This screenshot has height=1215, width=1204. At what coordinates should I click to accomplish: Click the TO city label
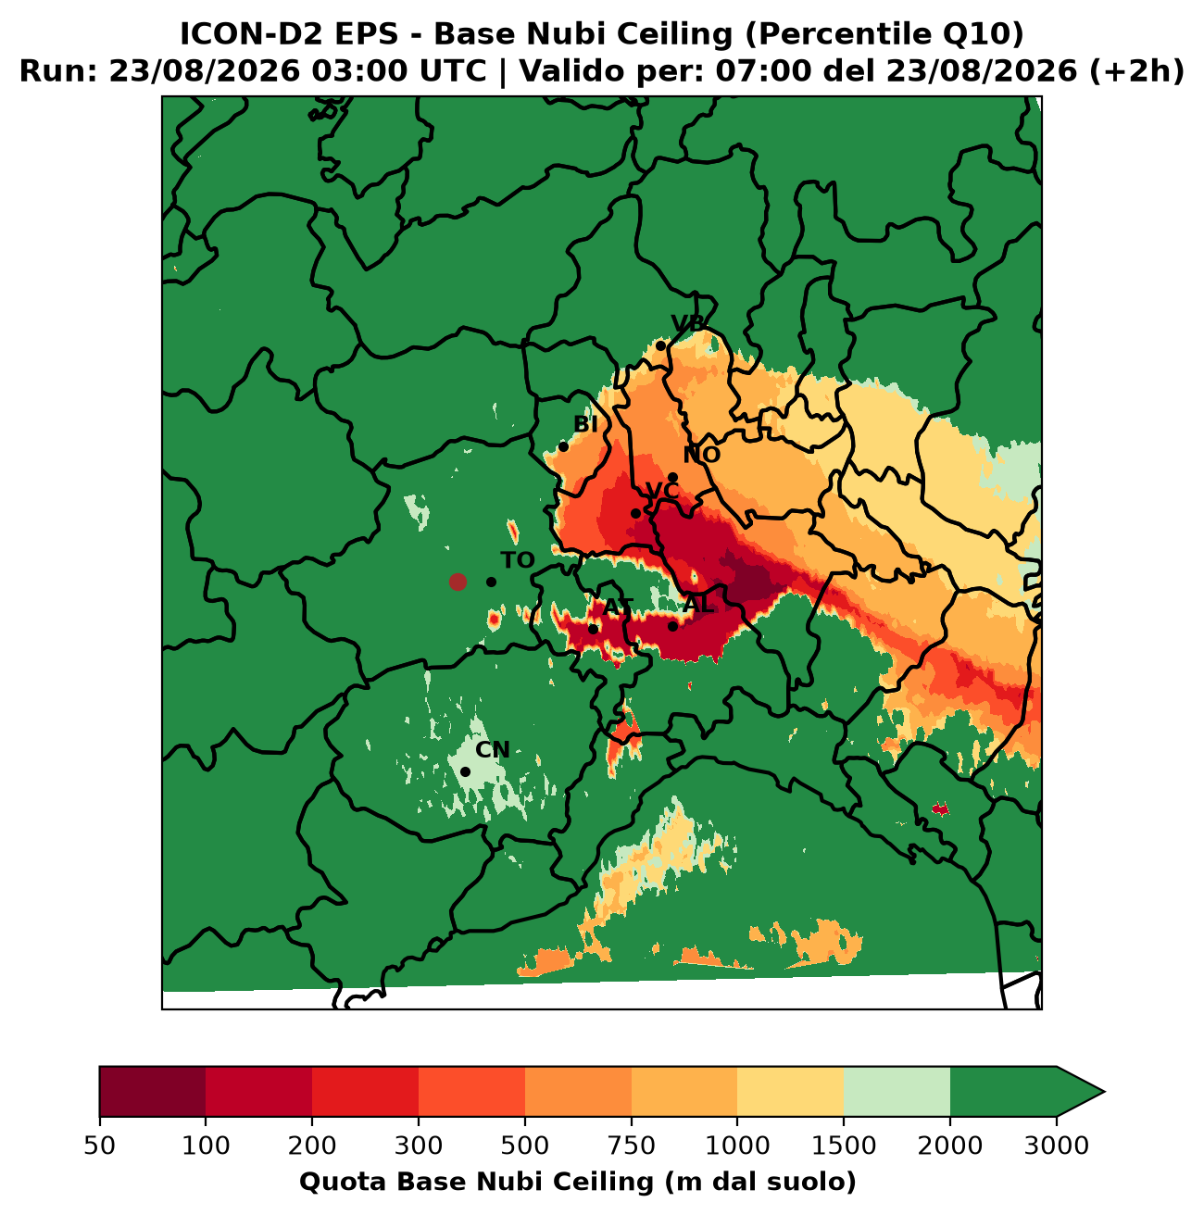tap(517, 560)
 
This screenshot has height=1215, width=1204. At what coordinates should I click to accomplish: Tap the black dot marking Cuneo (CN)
tap(466, 771)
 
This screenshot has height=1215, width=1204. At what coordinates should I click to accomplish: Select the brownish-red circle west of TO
tap(458, 582)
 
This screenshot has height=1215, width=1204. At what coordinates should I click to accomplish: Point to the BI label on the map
tap(585, 424)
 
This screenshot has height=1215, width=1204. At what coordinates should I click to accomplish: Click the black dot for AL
tap(673, 626)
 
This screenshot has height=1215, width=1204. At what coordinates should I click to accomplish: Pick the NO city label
tap(701, 455)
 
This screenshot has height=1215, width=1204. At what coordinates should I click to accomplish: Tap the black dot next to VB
tap(660, 345)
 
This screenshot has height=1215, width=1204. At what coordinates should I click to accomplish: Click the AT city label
tap(618, 607)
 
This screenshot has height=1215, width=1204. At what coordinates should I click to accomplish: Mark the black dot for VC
tap(635, 513)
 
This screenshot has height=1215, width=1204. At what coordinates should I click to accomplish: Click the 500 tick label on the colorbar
tap(525, 1146)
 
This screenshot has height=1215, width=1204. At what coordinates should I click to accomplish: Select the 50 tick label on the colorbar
tap(100, 1146)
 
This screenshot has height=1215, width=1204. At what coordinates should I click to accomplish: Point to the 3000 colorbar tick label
tap(1057, 1146)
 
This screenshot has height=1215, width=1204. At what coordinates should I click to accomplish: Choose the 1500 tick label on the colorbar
tap(843, 1146)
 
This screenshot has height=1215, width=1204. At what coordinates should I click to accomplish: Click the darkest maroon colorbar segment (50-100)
tap(153, 1092)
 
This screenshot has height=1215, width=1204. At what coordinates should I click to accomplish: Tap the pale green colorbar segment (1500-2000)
tap(897, 1092)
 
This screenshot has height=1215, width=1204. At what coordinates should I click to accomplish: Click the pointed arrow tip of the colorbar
tap(1104, 1092)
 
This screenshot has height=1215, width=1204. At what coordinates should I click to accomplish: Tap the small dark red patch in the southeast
tap(940, 809)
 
